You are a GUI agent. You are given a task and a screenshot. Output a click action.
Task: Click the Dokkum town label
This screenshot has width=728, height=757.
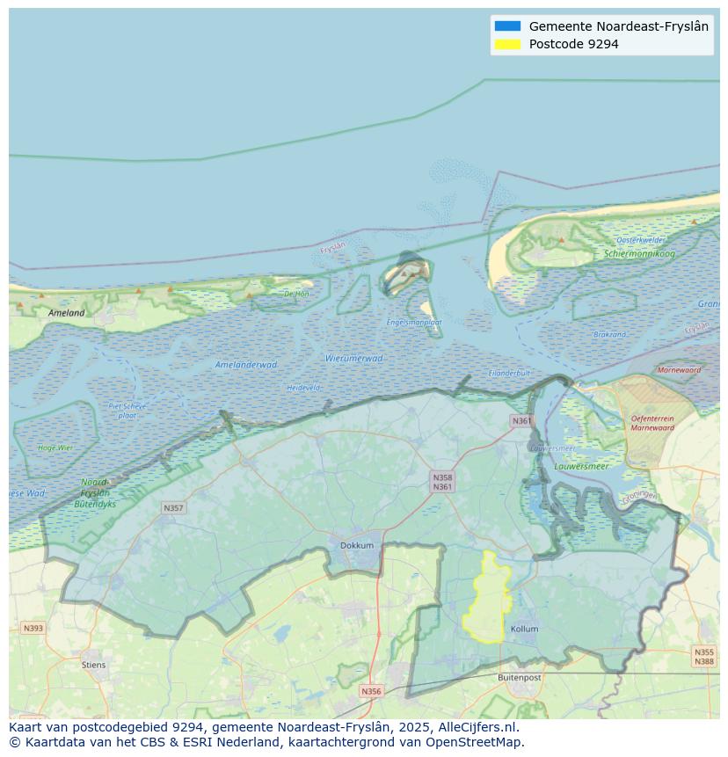pyautogui.click(x=357, y=545)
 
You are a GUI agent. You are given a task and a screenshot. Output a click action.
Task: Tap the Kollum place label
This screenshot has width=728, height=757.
pyautogui.click(x=524, y=629)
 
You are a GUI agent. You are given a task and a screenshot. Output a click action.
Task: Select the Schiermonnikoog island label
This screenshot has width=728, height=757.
pyautogui.click(x=639, y=254)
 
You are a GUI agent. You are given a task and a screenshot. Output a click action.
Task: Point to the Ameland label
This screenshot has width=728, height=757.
pyautogui.click(x=67, y=312)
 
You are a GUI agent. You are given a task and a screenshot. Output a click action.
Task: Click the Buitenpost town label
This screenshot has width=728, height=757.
pyautogui.click(x=519, y=678)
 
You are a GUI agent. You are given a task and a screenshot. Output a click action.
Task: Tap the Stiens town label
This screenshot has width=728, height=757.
pyautogui.click(x=93, y=665)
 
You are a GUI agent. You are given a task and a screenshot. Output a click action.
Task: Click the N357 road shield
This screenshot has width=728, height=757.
pyautogui.click(x=173, y=508)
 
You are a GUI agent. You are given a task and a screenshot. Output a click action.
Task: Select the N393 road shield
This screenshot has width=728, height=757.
pyautogui.click(x=33, y=628)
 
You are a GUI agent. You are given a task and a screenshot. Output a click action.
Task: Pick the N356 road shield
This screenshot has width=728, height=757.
pyautogui.click(x=371, y=691)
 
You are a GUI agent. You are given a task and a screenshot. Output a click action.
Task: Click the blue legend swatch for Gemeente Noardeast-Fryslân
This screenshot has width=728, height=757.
pyautogui.click(x=507, y=26)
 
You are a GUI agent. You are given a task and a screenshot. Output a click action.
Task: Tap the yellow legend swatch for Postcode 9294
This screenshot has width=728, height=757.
pyautogui.click(x=507, y=44)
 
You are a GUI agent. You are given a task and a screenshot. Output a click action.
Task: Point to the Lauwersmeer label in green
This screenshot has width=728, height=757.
pyautogui.click(x=581, y=466)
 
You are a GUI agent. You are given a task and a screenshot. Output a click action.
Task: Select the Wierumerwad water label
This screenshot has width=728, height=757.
pyautogui.click(x=353, y=358)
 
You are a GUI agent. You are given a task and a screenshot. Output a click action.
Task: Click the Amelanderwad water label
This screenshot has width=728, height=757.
pyautogui.click(x=246, y=364)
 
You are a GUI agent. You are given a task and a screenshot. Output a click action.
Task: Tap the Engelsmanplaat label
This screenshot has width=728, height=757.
pyautogui.click(x=414, y=323)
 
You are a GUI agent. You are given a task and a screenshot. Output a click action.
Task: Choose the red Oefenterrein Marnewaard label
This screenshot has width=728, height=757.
pyautogui.click(x=652, y=423)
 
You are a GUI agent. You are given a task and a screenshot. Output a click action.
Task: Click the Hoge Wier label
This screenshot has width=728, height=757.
pyautogui.click(x=55, y=448)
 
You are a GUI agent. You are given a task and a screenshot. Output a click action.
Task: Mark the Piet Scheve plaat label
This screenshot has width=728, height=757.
pyautogui.click(x=127, y=410)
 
